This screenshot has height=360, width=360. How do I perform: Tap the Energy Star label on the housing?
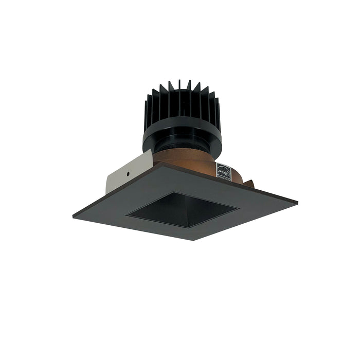pos(224,172)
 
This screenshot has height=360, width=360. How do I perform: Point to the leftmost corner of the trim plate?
pos(73,217)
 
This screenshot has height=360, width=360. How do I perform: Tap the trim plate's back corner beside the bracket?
pos(156,164)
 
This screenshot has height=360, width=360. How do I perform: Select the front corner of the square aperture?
pos(189,227)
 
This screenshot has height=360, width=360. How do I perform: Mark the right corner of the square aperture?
pos(238,208)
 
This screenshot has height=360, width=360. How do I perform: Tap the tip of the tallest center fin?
pos(179,81)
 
